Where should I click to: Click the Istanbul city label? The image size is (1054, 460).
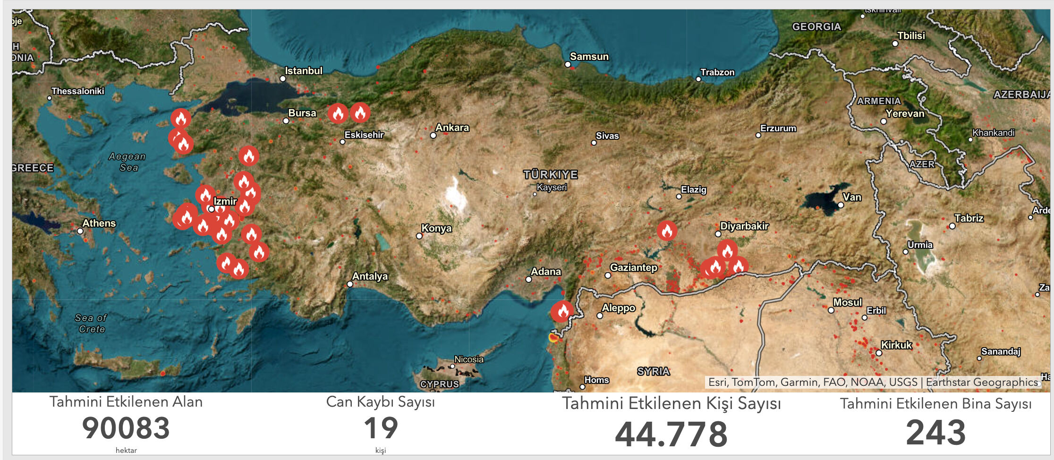pyautogui.click(x=303, y=71)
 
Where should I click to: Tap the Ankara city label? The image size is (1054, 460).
pyautogui.click(x=452, y=128)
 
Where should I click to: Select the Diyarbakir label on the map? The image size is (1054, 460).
pyautogui.click(x=744, y=226)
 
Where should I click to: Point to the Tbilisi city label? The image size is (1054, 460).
pyautogui.click(x=911, y=36)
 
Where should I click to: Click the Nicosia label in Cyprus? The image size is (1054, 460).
pyautogui.click(x=469, y=359)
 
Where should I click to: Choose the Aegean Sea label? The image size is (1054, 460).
pyautogui.click(x=127, y=162)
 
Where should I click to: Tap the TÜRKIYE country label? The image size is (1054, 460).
pyautogui.click(x=551, y=175)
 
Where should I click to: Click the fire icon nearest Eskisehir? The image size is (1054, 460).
pyautogui.click(x=360, y=113)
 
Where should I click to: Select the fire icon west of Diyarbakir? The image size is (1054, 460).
pyautogui.click(x=667, y=230)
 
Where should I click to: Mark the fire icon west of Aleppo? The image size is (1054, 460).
pyautogui.click(x=562, y=311)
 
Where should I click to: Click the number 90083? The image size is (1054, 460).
pyautogui.click(x=126, y=428)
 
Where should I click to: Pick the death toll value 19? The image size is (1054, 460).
pyautogui.click(x=381, y=428)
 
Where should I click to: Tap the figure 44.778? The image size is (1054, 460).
pyautogui.click(x=671, y=434)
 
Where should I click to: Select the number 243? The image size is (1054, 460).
pyautogui.click(x=935, y=432)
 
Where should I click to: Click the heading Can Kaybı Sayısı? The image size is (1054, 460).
pyautogui.click(x=381, y=402)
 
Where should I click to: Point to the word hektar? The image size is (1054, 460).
pyautogui.click(x=126, y=451)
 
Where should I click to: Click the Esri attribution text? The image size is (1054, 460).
pyautogui.click(x=873, y=382)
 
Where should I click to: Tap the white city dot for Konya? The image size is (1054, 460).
pyautogui.click(x=419, y=236)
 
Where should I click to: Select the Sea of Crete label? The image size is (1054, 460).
pyautogui.click(x=91, y=324)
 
